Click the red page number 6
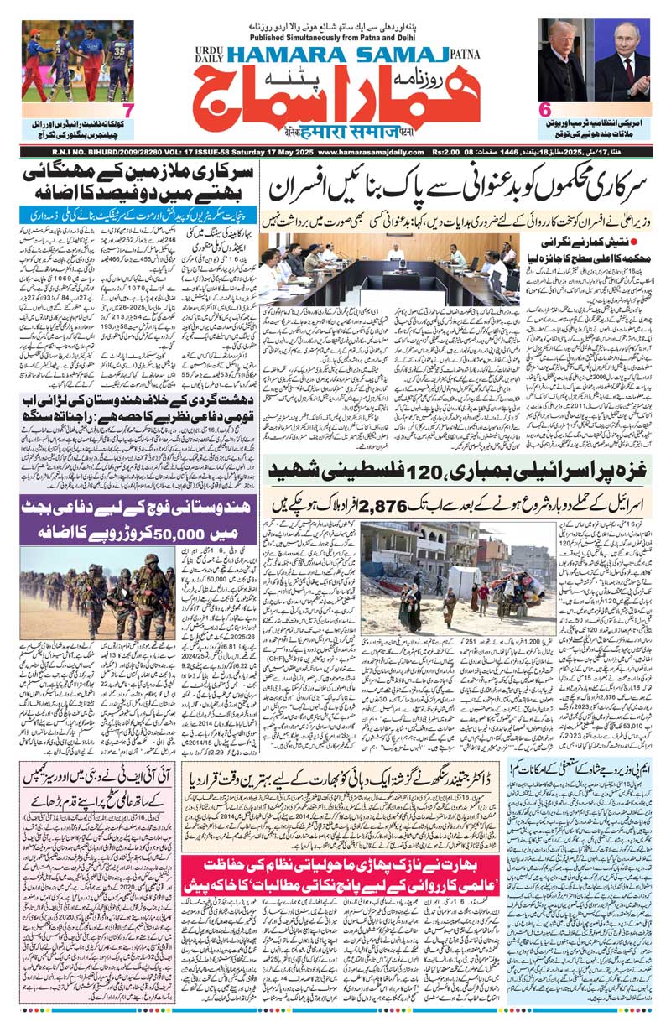(544, 109)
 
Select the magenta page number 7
(126, 109)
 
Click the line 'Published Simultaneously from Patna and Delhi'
(335, 37)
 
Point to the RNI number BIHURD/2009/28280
(76, 152)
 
